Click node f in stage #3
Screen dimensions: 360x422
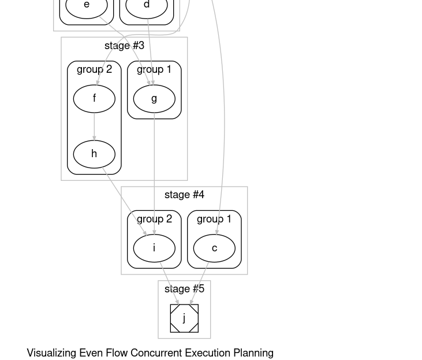tap(94, 98)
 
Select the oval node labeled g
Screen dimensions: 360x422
tap(154, 98)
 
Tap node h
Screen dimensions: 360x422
tap(94, 154)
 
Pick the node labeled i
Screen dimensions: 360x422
tap(154, 248)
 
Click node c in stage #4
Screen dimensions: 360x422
tap(214, 248)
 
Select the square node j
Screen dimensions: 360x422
tap(184, 318)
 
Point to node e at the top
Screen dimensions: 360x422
tap(87, 6)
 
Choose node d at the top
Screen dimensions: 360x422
tap(147, 6)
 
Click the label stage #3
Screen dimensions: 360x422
tap(124, 46)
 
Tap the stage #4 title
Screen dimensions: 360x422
tap(184, 195)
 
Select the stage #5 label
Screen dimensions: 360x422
tap(184, 289)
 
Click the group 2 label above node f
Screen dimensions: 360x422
tap(94, 69)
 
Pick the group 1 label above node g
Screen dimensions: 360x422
tap(154, 69)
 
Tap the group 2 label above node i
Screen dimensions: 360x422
tap(154, 219)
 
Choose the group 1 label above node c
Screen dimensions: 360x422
tap(214, 219)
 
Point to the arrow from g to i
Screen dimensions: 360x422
tap(154, 173)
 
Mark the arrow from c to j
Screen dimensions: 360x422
tap(200, 283)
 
